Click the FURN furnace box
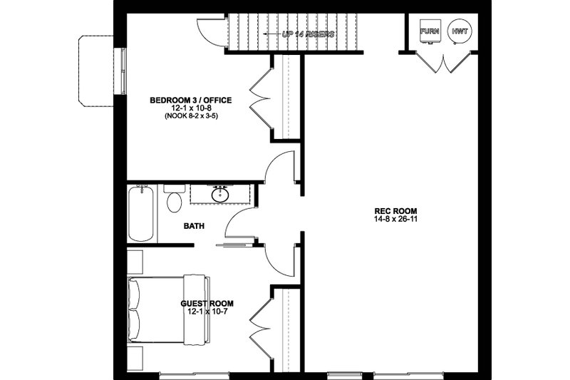click(430, 32)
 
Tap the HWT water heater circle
click(460, 32)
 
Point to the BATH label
click(195, 226)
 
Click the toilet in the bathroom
click(173, 200)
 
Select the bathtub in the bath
click(142, 213)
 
